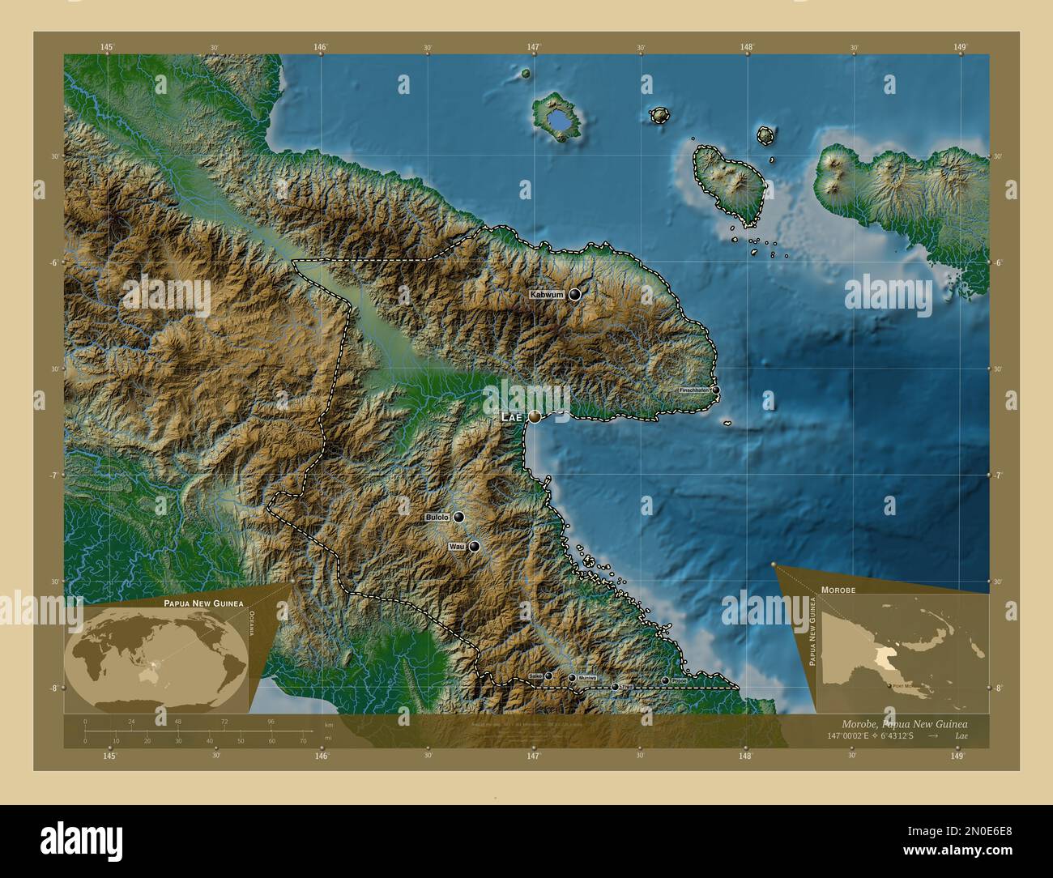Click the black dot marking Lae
point(535,416)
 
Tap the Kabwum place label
point(547,295)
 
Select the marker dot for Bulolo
point(458,517)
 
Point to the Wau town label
point(455,548)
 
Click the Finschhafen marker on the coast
point(715,390)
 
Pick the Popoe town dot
point(665,680)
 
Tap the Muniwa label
point(587,678)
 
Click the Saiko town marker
point(548,675)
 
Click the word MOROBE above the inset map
point(838,590)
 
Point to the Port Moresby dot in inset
point(889,686)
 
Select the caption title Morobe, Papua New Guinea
point(904,722)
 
